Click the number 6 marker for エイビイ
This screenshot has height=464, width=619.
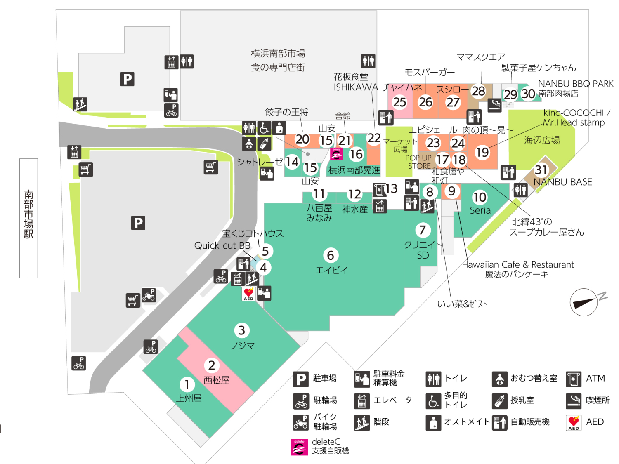click(x=331, y=256)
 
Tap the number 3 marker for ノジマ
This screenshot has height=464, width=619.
click(x=242, y=330)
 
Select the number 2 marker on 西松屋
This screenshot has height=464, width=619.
click(x=212, y=365)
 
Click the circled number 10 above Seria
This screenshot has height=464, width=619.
click(x=480, y=198)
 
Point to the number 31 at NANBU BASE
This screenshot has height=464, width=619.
click(x=541, y=170)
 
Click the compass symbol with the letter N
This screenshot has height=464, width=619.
click(x=584, y=302)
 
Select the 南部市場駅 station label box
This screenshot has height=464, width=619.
click(x=28, y=218)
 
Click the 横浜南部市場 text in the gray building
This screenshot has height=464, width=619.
click(x=278, y=54)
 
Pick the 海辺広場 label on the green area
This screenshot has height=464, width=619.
click(x=542, y=140)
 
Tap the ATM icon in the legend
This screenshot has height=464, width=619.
click(x=574, y=379)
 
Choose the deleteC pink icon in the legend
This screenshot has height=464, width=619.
click(x=299, y=447)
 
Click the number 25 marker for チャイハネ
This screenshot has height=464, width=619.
click(x=399, y=102)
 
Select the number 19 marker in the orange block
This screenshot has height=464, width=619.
click(x=482, y=153)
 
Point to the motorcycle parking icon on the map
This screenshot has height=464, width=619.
click(x=149, y=295)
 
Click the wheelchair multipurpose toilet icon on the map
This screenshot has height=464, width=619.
click(x=265, y=128)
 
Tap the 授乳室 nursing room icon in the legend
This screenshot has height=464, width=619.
click(x=499, y=400)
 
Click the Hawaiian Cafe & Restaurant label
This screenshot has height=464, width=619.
click(x=517, y=265)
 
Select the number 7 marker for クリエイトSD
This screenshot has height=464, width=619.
click(x=422, y=230)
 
